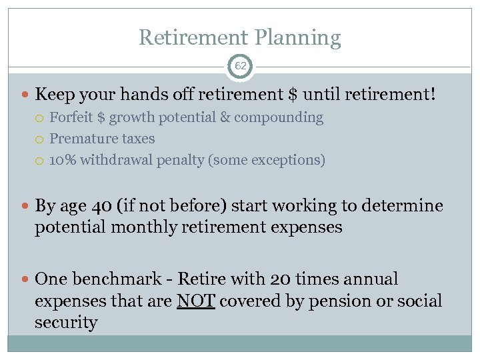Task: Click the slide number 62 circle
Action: click(240, 67)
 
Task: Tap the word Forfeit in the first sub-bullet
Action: click(71, 118)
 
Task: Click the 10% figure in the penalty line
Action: click(63, 161)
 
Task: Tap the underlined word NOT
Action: click(195, 301)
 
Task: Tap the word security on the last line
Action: click(66, 323)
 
